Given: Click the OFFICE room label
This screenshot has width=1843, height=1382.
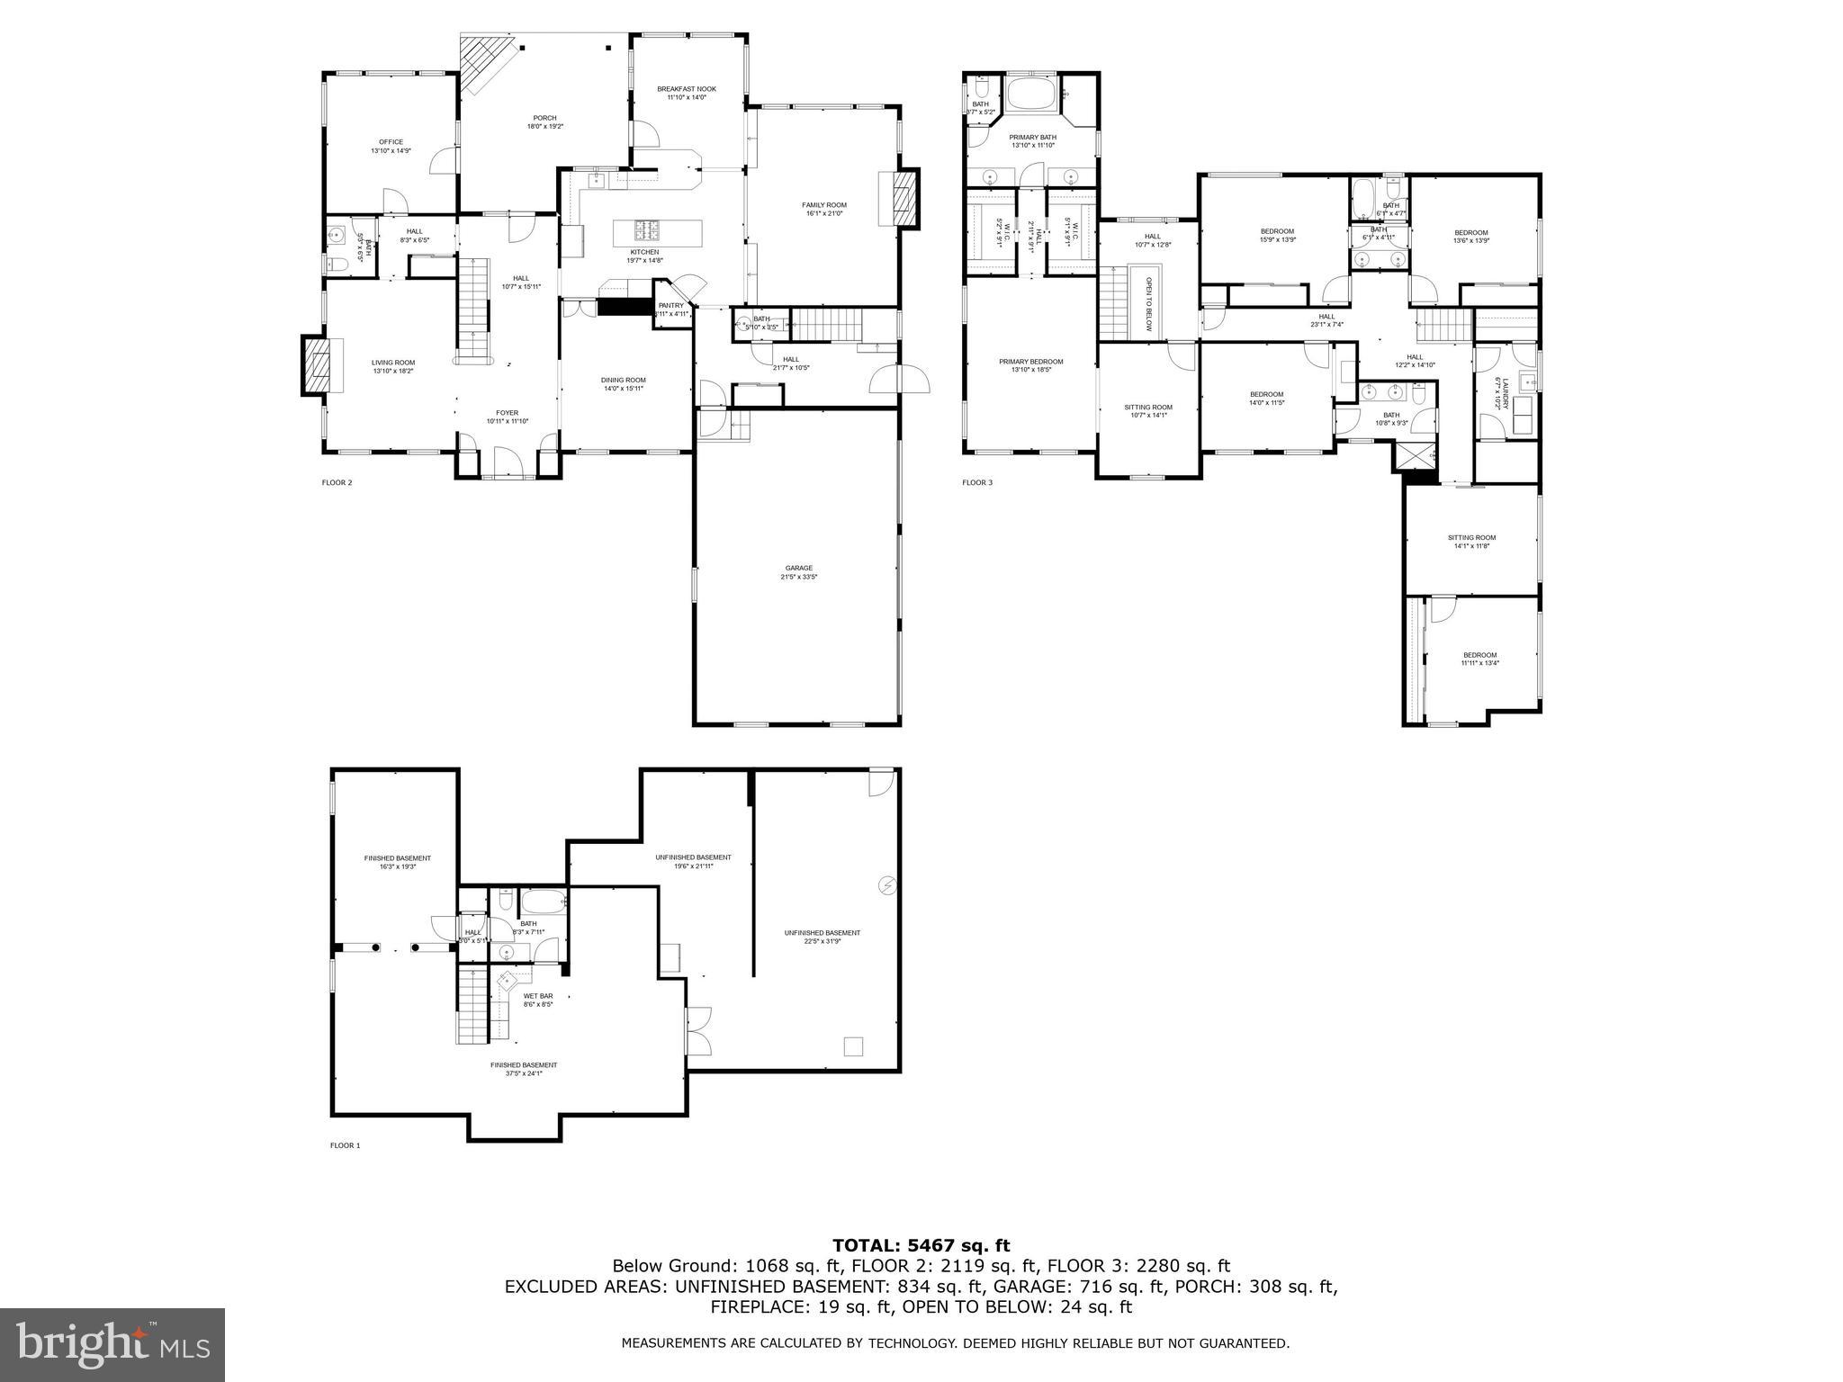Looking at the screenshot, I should tap(391, 142).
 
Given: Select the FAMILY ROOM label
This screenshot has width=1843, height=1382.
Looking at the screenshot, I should tap(823, 205).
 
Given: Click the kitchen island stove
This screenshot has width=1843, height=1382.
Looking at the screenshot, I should tap(644, 228).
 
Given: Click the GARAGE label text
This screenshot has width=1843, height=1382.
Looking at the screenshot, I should tap(798, 568).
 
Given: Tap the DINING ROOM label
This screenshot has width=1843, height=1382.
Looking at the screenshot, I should tap(623, 380).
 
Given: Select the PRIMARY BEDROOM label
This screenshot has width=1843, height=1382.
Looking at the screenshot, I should tap(1030, 362).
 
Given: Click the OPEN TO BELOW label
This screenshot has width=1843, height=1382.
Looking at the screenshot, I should tap(1148, 304).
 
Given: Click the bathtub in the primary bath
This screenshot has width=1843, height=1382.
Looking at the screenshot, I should tap(1030, 94).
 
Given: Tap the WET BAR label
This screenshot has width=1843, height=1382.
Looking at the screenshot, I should tap(538, 996).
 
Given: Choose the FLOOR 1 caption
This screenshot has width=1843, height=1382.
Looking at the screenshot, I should tap(345, 1145).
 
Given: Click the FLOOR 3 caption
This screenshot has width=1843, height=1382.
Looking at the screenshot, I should tap(976, 483).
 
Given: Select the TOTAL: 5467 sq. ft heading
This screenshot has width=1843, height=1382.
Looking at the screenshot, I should tap(921, 1245).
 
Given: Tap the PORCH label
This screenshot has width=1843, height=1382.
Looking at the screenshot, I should tap(544, 118).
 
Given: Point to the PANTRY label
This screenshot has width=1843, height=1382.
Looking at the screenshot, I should tap(671, 306).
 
